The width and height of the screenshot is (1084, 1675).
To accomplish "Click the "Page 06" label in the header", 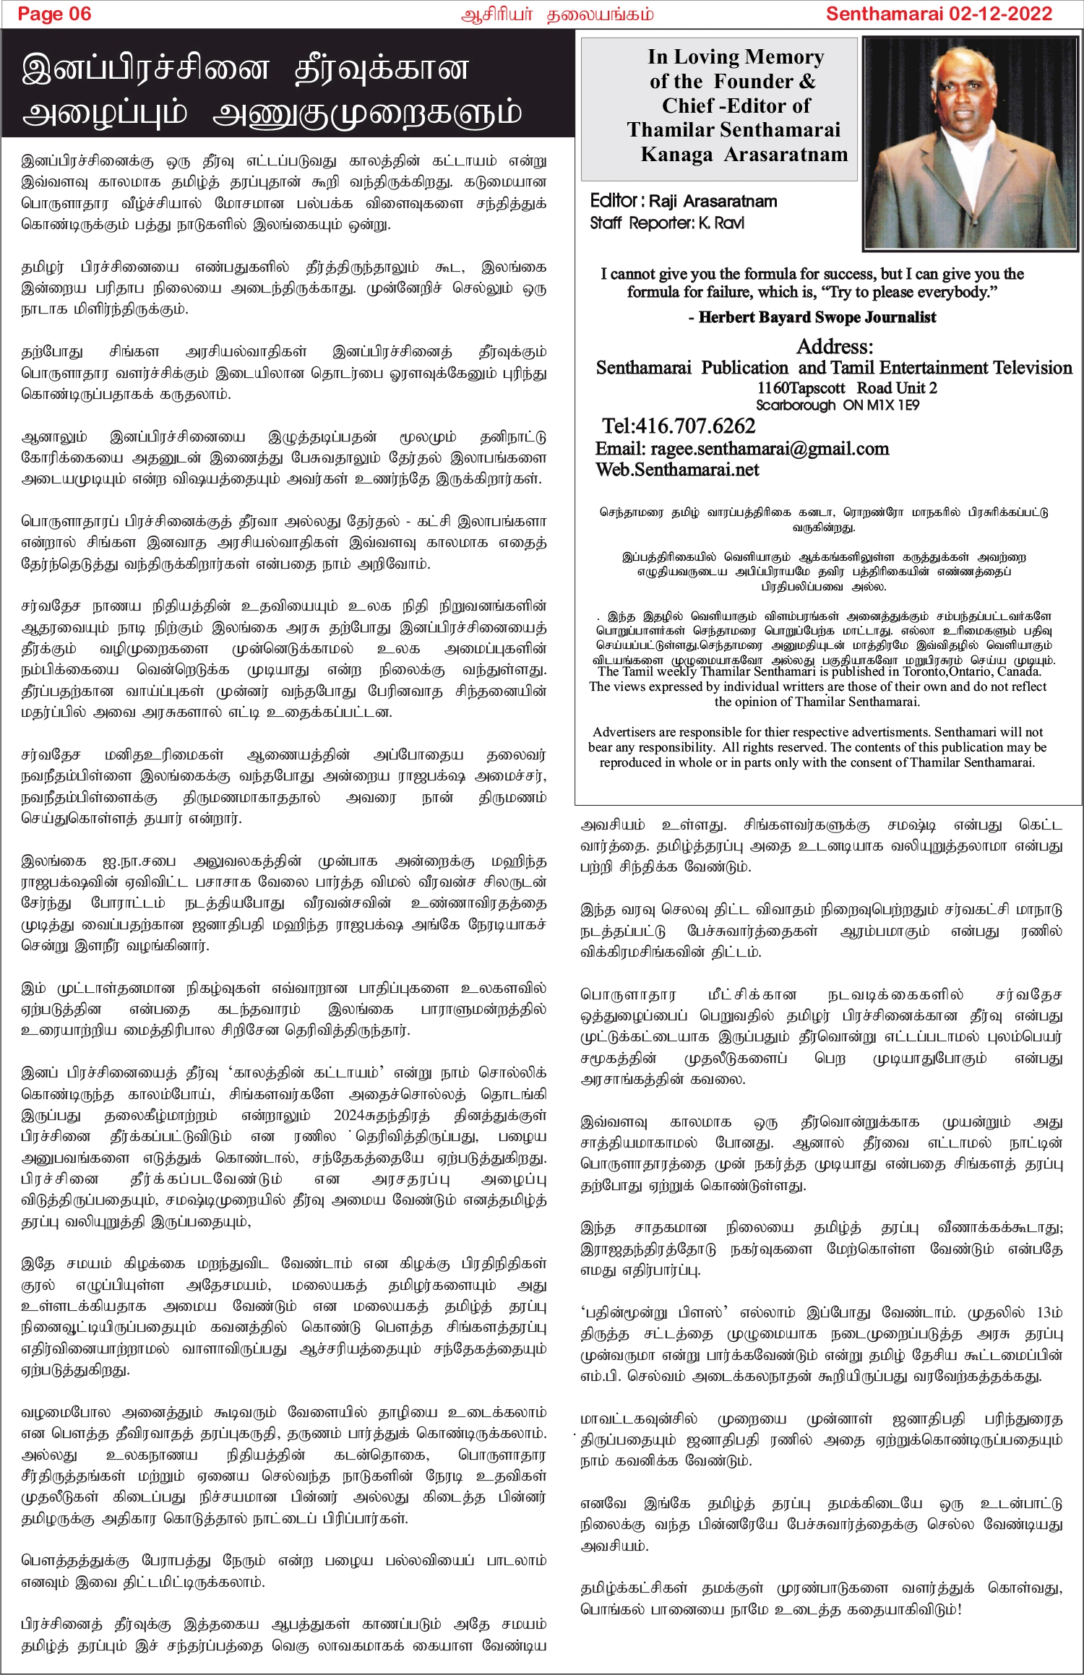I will coord(54,14).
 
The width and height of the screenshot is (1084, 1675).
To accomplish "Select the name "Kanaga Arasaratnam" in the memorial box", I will coord(744,155).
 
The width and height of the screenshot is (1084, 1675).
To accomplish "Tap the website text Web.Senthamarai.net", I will coord(677,470).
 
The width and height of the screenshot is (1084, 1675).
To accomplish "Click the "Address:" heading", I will coord(835,346).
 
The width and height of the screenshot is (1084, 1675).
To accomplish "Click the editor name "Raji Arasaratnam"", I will coord(713,201).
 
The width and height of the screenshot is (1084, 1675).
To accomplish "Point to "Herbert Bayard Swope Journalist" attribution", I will coord(817,317).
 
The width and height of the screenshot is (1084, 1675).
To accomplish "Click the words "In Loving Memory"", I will coord(736,56).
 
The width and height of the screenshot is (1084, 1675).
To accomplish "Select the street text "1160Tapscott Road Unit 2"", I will coord(847,388).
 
